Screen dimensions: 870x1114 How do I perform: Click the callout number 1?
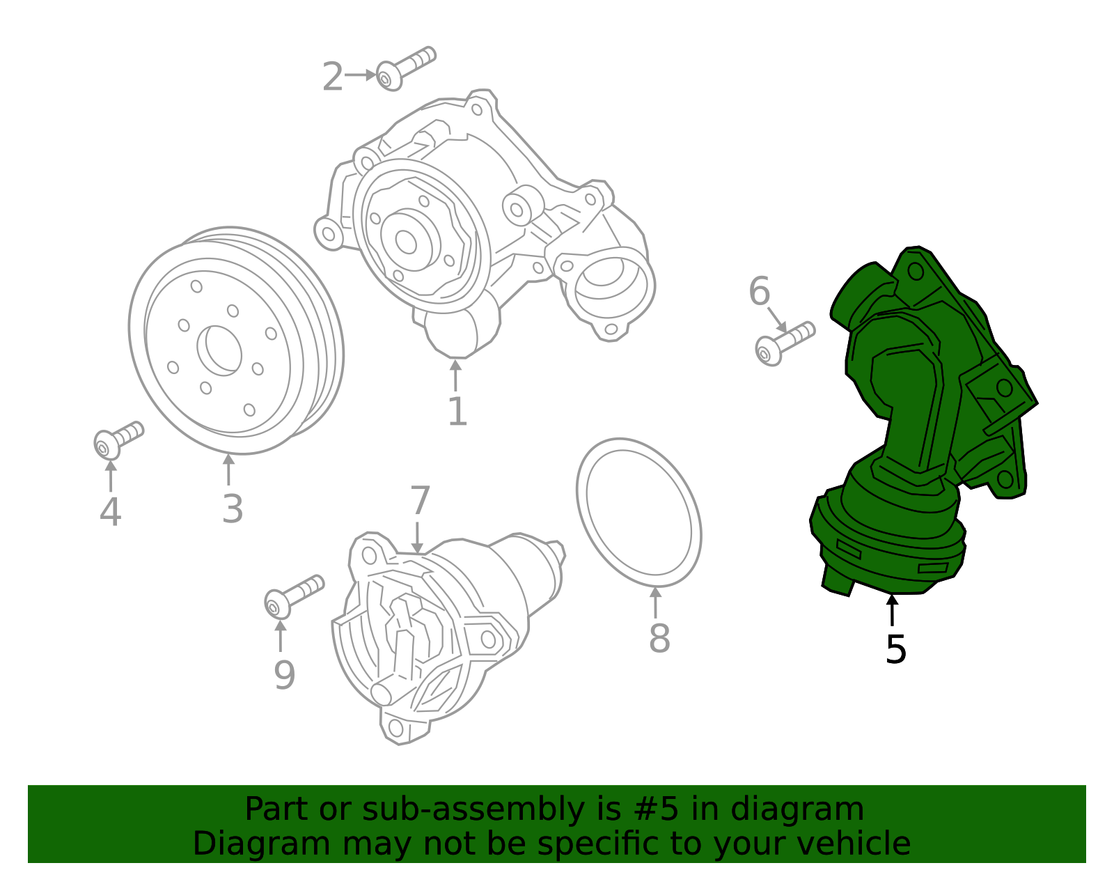tap(457, 412)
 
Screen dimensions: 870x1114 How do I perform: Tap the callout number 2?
tap(332, 77)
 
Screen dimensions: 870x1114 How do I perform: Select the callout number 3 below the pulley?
tap(233, 508)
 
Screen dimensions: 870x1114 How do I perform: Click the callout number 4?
tap(110, 512)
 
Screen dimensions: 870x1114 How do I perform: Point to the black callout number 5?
tap(895, 649)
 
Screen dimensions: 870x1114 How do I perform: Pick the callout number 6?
tap(759, 291)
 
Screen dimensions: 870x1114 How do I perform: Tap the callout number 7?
tap(420, 501)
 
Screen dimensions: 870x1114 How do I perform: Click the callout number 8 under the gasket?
tap(659, 638)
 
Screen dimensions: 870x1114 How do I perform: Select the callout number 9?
tap(284, 675)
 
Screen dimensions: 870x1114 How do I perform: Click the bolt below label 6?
tap(783, 343)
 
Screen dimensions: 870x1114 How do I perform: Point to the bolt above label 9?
tap(292, 596)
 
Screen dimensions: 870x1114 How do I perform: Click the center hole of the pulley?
tap(219, 350)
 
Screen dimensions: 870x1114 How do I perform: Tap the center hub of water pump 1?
tap(406, 241)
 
